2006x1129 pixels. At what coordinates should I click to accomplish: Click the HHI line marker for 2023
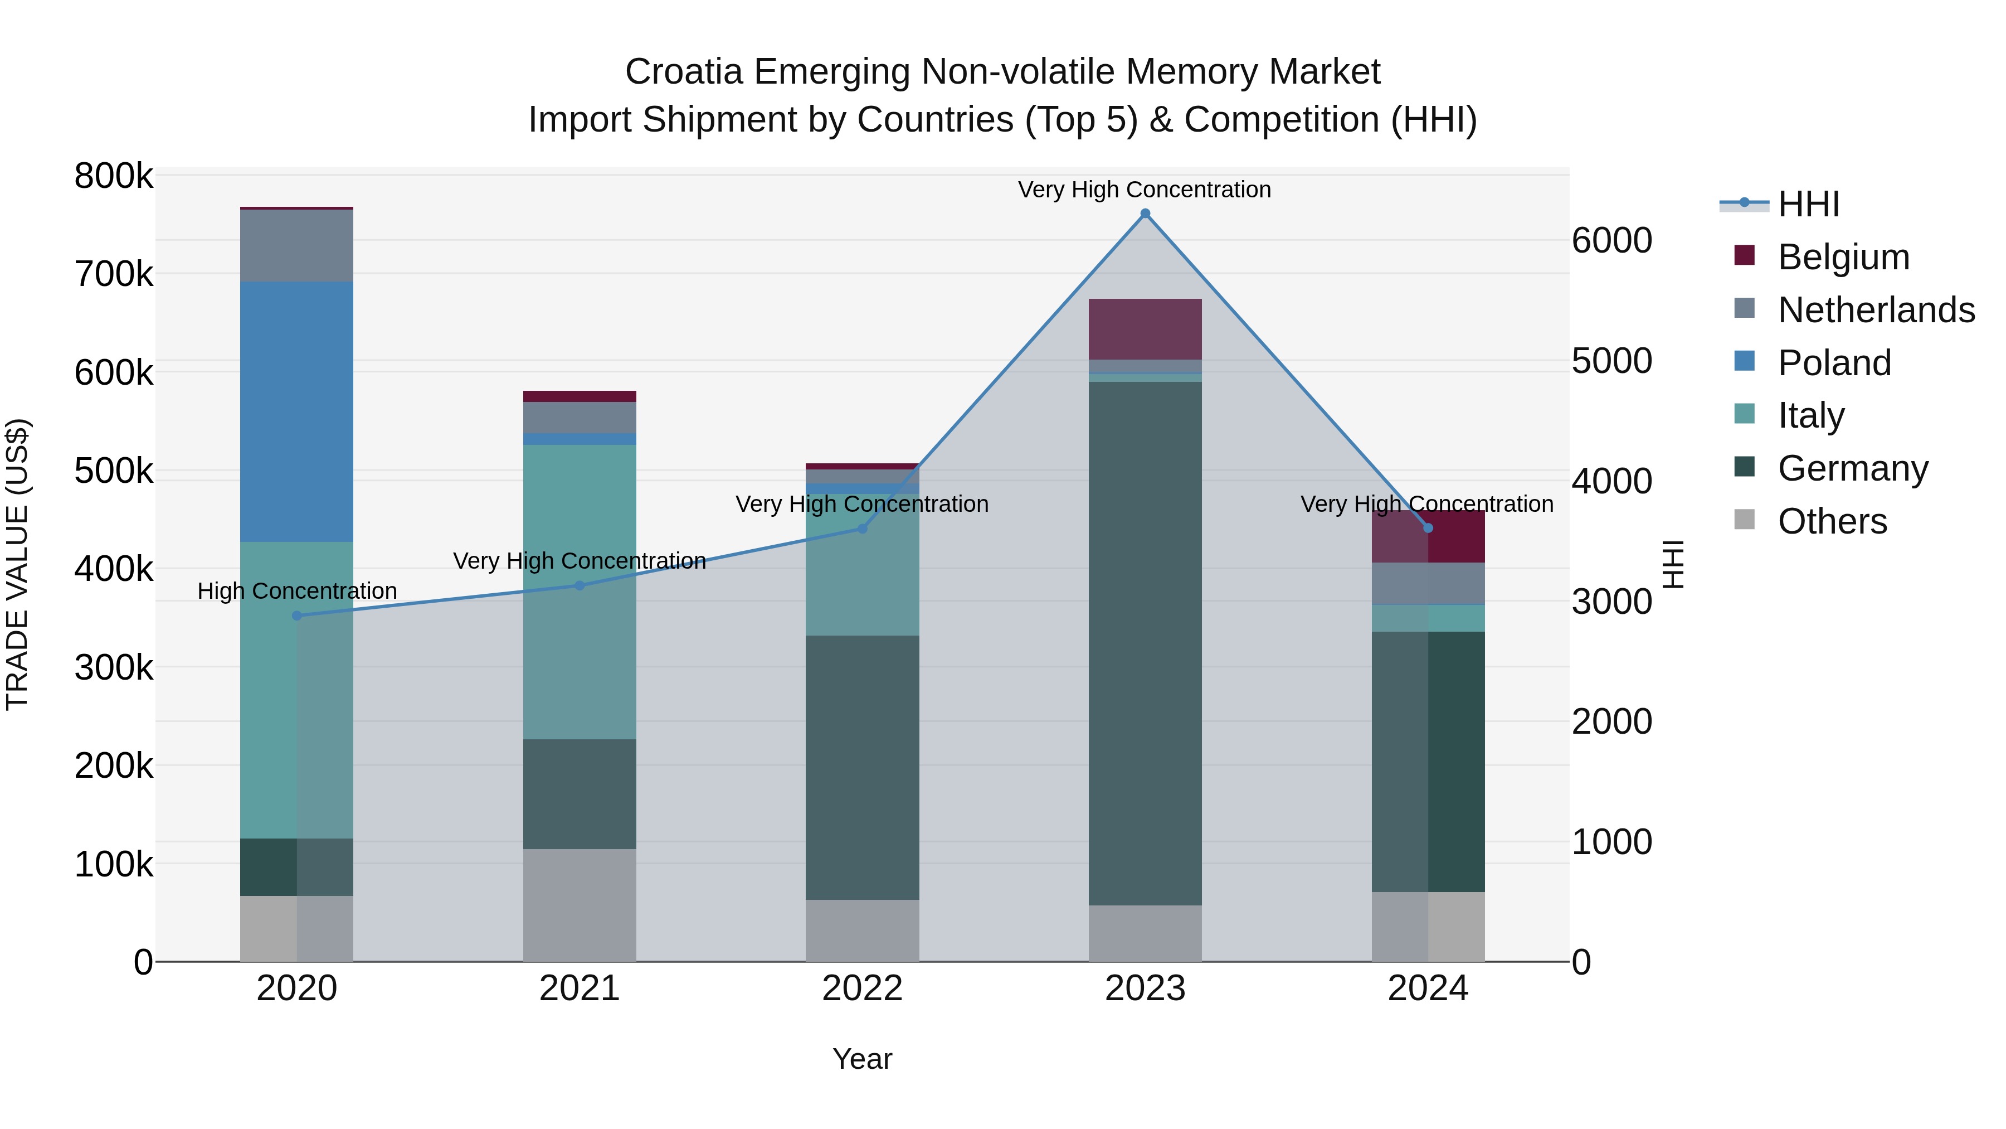click(1145, 214)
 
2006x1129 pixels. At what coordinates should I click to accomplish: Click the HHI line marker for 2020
click(296, 616)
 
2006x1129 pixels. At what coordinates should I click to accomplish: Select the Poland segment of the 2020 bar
click(296, 411)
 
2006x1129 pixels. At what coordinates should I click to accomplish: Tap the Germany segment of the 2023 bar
click(1145, 643)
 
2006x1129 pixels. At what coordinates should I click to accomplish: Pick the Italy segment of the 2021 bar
click(580, 592)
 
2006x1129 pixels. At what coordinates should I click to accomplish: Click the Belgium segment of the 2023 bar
click(1145, 329)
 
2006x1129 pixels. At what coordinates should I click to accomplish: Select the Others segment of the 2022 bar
click(862, 931)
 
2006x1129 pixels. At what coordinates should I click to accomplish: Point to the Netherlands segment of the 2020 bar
click(296, 245)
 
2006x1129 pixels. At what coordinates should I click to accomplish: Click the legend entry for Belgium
click(1843, 257)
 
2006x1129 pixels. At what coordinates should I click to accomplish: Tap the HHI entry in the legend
click(1808, 204)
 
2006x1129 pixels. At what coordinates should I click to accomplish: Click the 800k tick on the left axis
click(114, 176)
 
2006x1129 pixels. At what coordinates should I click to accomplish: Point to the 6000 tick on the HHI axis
click(1611, 241)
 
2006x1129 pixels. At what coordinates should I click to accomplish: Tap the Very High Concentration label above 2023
click(1144, 190)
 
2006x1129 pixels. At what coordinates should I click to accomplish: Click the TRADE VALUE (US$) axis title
click(17, 564)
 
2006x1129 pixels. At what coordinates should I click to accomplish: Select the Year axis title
click(862, 1059)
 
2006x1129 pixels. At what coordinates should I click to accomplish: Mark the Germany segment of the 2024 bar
click(1428, 761)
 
